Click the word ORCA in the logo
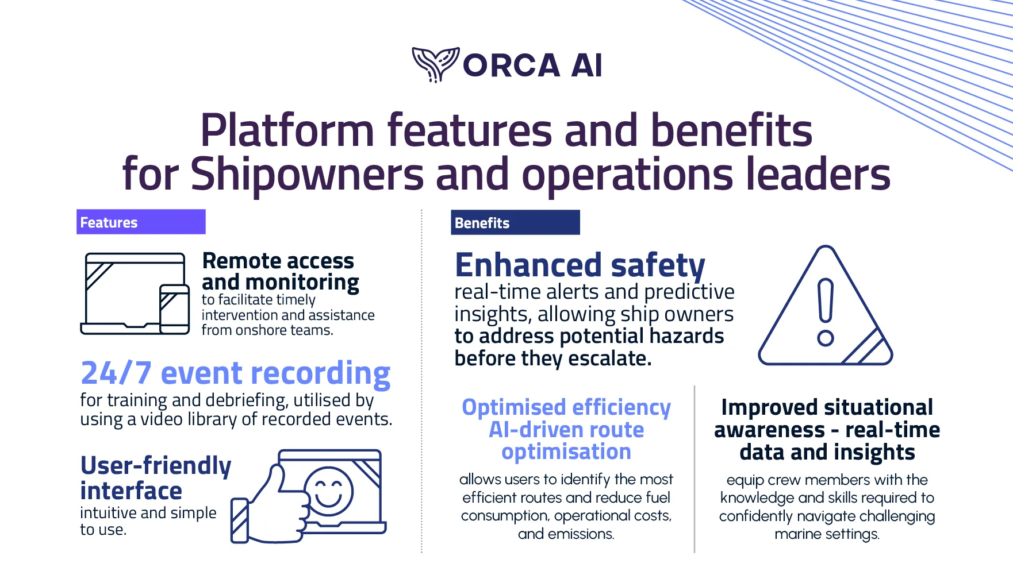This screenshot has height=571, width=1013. [511, 65]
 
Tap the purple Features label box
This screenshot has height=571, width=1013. [141, 222]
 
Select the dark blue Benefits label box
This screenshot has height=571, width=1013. [515, 223]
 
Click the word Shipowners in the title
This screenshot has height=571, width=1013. [307, 174]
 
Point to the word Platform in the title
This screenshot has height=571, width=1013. [287, 130]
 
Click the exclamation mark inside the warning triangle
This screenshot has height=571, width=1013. [826, 311]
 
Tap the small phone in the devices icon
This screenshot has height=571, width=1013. [174, 308]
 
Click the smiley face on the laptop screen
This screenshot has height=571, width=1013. [329, 491]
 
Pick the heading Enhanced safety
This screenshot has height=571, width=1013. [580, 265]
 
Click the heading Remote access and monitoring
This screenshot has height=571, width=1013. [279, 272]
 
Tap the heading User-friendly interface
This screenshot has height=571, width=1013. [155, 478]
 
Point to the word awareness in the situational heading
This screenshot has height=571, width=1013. [769, 430]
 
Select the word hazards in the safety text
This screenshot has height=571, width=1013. [689, 336]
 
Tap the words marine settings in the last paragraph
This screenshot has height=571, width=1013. [827, 534]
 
